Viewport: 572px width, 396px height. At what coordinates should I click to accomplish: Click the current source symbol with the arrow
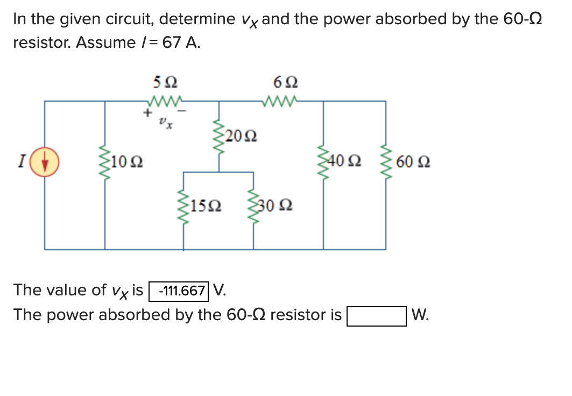[x=44, y=162]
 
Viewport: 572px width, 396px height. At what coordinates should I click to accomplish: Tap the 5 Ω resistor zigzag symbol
[x=164, y=101]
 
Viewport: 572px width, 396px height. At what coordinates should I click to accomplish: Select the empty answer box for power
[x=377, y=316]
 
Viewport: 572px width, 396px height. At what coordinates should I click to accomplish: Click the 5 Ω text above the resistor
[x=165, y=83]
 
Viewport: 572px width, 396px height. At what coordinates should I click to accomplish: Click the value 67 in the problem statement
[x=172, y=43]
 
